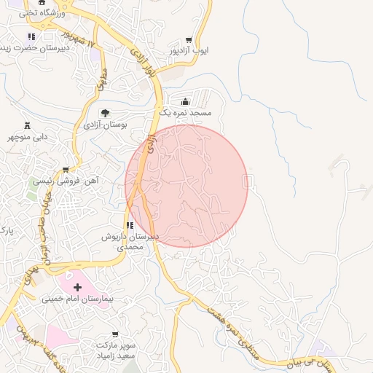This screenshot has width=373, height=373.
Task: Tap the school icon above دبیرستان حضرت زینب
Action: (31, 36)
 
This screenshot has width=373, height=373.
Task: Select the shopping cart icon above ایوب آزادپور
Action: (189, 40)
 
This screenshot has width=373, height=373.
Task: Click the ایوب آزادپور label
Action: (189, 51)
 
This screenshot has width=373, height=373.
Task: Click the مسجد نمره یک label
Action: (185, 114)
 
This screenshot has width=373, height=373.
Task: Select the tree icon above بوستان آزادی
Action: (106, 113)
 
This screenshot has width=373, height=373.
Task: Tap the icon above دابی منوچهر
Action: (27, 125)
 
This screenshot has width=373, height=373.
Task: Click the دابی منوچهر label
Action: (28, 136)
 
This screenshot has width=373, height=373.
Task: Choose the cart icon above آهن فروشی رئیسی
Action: (66, 169)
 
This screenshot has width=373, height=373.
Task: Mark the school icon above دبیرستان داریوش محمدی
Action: (130, 226)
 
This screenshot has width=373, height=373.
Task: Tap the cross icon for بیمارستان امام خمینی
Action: (78, 288)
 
